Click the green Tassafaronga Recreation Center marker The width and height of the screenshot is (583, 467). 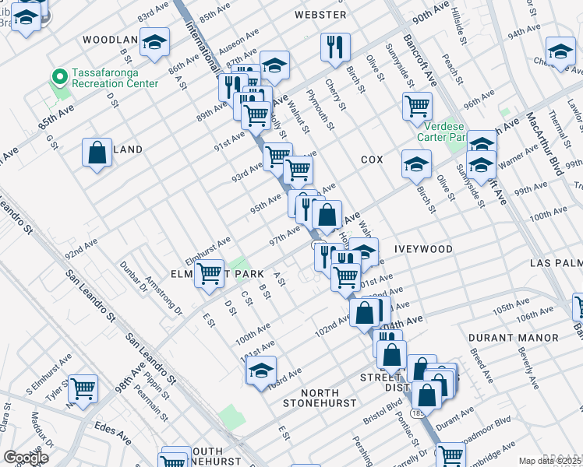(57, 76)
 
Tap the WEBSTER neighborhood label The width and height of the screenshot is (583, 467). (320, 15)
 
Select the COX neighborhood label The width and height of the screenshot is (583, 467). (372, 160)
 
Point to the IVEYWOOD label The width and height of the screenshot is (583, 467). (423, 249)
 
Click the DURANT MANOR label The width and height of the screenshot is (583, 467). (514, 338)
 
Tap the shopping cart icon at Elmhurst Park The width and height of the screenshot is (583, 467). (210, 275)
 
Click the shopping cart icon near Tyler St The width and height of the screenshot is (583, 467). (83, 388)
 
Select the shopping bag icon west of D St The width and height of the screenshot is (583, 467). (97, 153)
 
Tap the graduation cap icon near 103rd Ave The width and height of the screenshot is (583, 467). (262, 370)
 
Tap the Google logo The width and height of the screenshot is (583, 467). (26, 458)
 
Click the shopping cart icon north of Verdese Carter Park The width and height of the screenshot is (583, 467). (417, 105)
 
